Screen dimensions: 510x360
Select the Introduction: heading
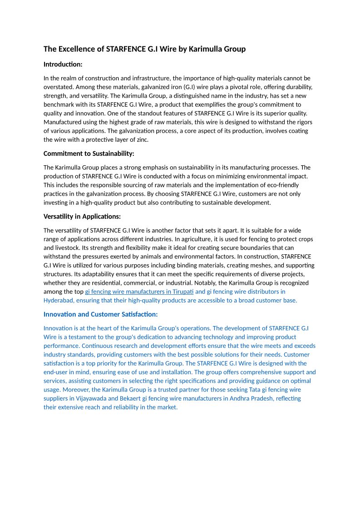click(63, 64)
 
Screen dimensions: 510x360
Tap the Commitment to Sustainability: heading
click(89, 153)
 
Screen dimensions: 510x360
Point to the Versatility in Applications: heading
click(82, 216)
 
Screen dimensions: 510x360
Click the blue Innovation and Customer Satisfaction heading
click(100, 314)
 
